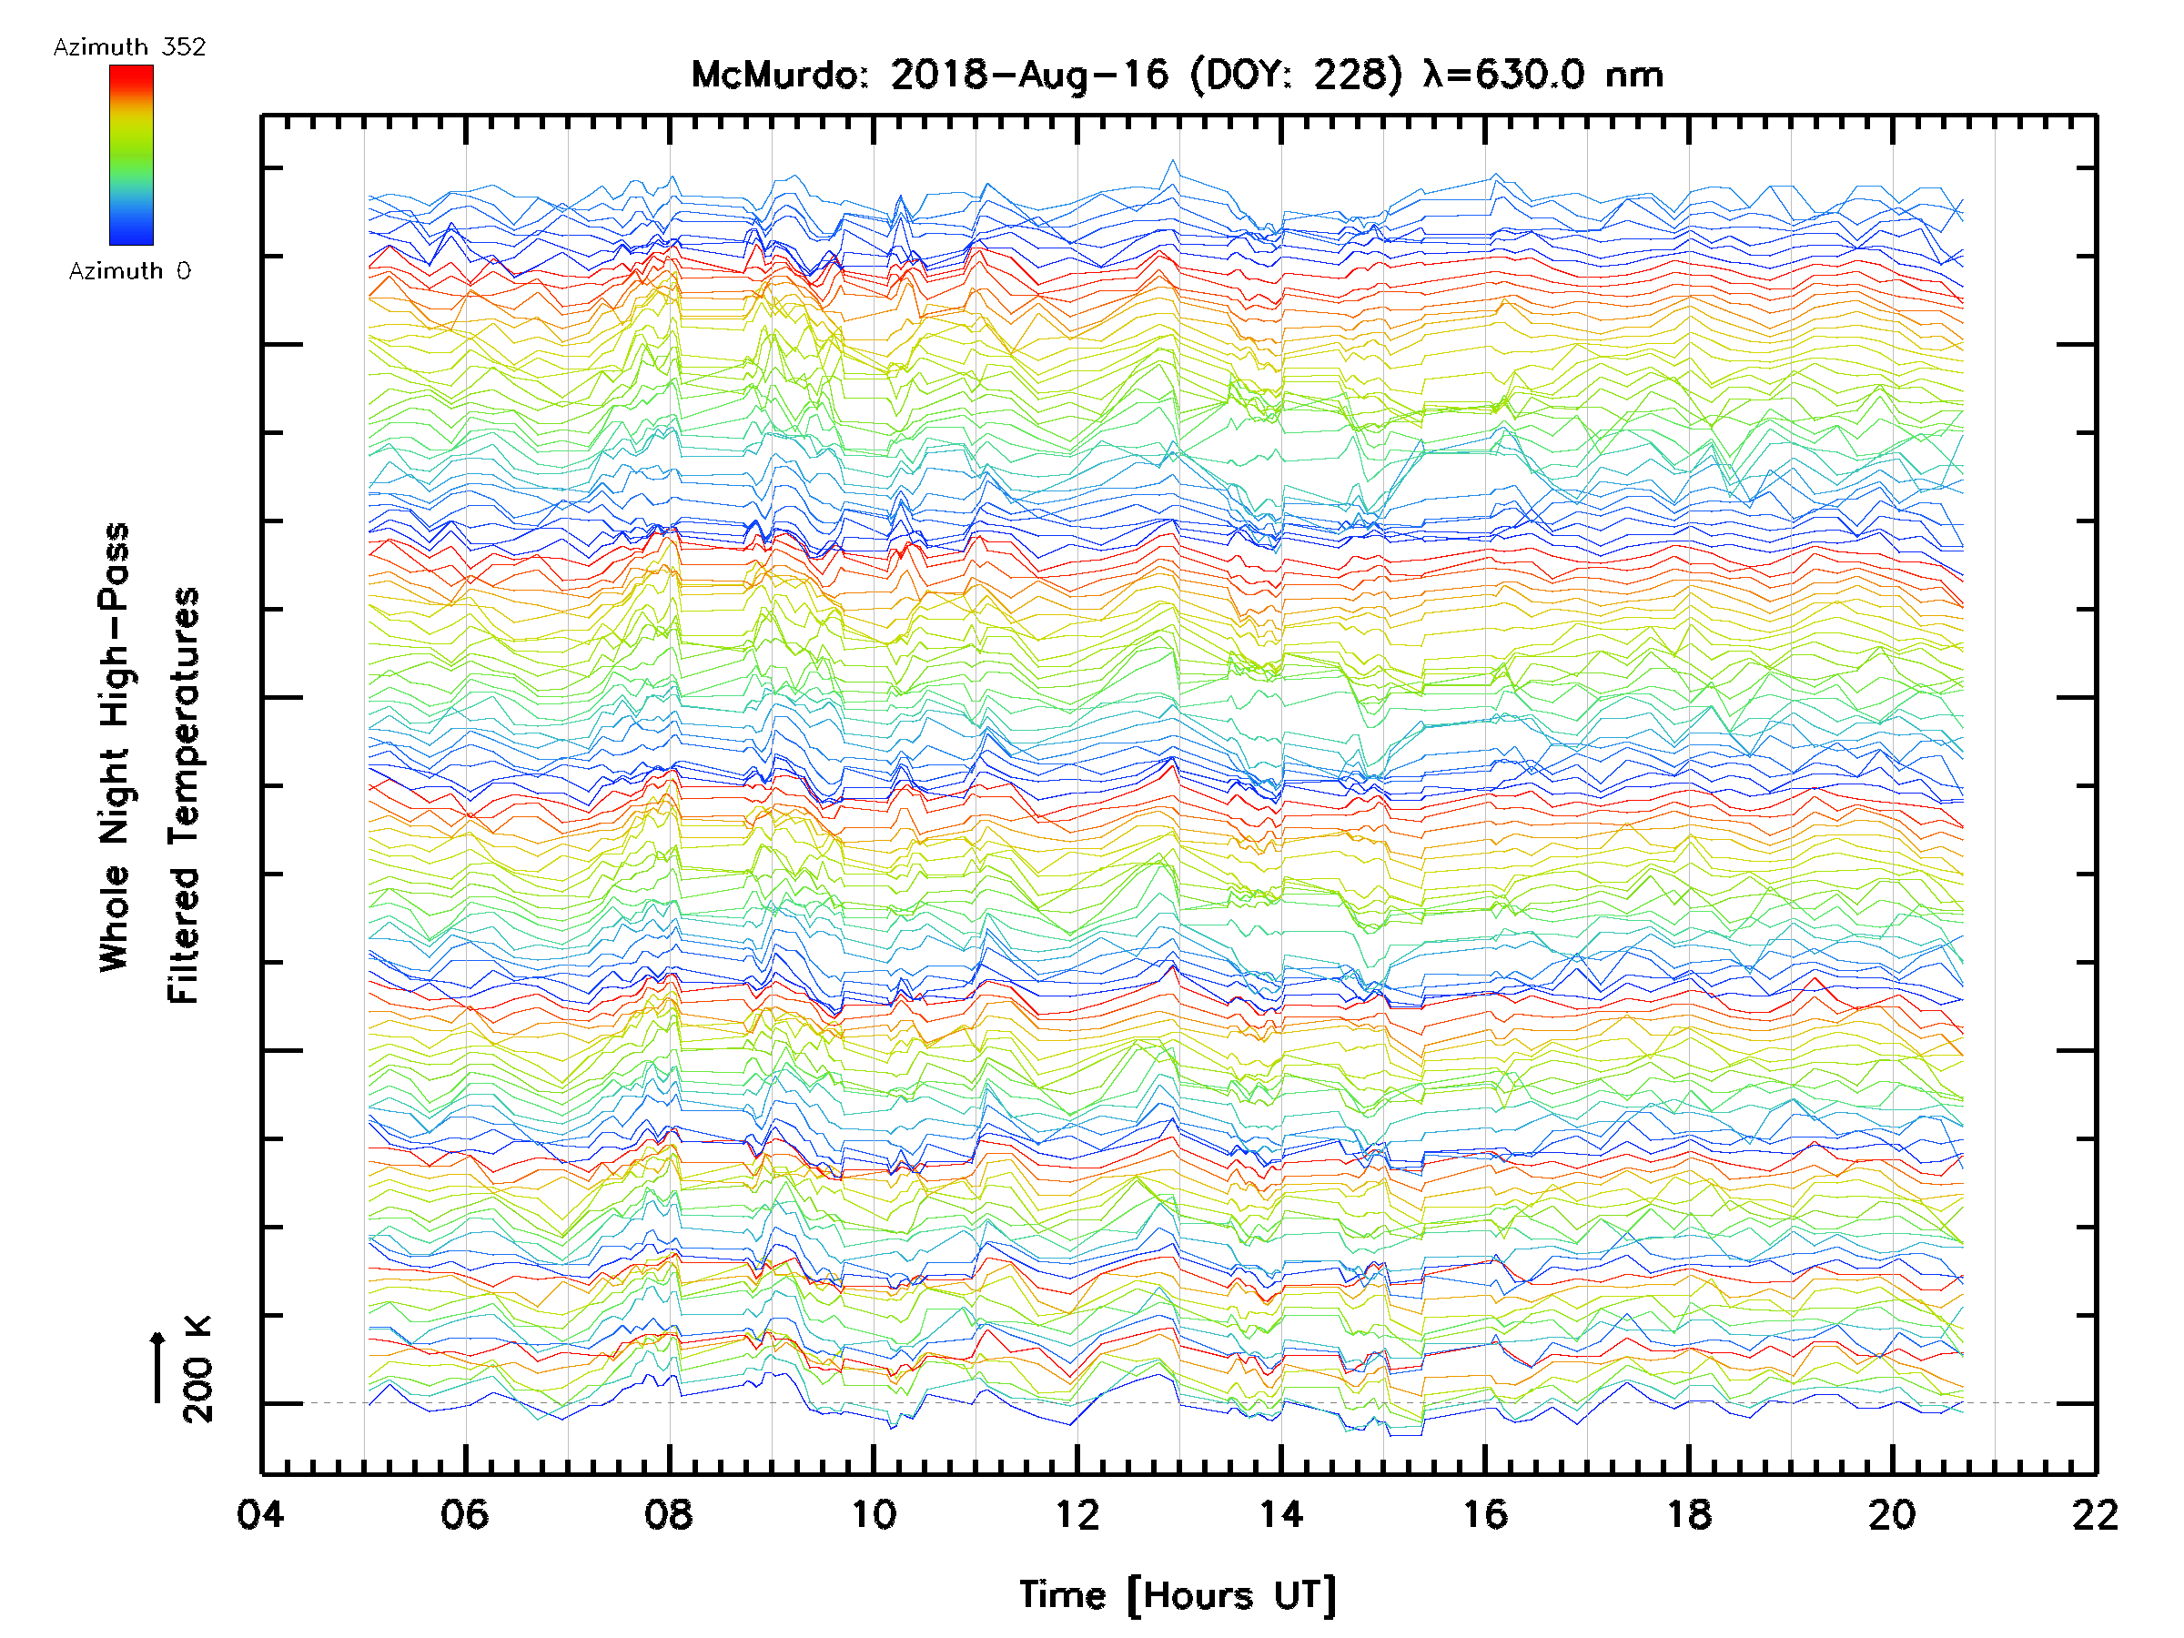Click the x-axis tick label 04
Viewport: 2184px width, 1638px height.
259,1514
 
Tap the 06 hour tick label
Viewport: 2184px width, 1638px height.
464,1514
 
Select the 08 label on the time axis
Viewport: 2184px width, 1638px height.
669,1514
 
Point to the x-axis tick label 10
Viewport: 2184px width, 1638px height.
873,1514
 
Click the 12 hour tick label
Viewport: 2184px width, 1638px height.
1077,1514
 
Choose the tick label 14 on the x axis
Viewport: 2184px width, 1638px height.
1280,1514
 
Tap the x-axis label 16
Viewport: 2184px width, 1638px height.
1485,1514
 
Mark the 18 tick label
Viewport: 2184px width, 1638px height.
1689,1514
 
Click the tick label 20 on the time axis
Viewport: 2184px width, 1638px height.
1893,1514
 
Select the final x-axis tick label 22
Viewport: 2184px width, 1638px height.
2095,1514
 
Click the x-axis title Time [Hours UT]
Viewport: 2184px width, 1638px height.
1177,1595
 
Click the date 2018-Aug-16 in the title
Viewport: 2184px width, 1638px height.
1029,75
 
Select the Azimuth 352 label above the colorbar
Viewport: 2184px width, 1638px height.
129,47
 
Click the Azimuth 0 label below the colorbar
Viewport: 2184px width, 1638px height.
129,271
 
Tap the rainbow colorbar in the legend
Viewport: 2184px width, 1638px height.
131,155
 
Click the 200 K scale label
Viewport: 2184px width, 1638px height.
197,1370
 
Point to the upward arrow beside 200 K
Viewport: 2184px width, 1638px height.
158,1368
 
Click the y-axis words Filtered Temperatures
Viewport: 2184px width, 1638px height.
184,796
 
